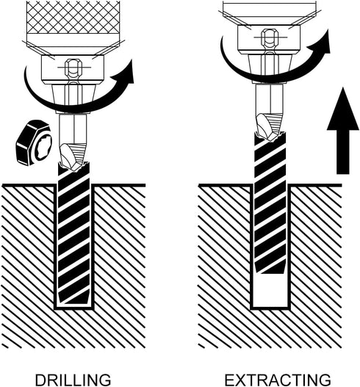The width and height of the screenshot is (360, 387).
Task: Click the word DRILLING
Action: (x=73, y=380)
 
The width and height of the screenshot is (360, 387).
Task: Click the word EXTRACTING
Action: (x=278, y=380)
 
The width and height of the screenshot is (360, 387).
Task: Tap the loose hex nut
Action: (x=34, y=142)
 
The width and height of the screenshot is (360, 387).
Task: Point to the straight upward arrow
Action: (x=342, y=131)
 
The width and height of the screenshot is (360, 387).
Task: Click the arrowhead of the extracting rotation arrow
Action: (x=320, y=41)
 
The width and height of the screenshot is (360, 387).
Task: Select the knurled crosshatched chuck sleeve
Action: (x=73, y=18)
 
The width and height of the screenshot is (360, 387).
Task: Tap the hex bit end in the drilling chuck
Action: (x=73, y=68)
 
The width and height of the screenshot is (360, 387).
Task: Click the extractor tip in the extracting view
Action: (x=270, y=126)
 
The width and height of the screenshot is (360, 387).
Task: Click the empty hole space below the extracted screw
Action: (x=270, y=291)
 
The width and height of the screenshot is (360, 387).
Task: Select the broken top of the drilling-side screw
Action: (x=73, y=165)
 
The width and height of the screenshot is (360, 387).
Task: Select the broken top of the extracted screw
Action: (x=270, y=136)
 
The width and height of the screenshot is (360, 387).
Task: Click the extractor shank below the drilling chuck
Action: (x=73, y=129)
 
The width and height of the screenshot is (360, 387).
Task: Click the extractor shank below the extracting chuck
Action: (x=270, y=98)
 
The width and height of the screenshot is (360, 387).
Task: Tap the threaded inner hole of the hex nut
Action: (x=43, y=148)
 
